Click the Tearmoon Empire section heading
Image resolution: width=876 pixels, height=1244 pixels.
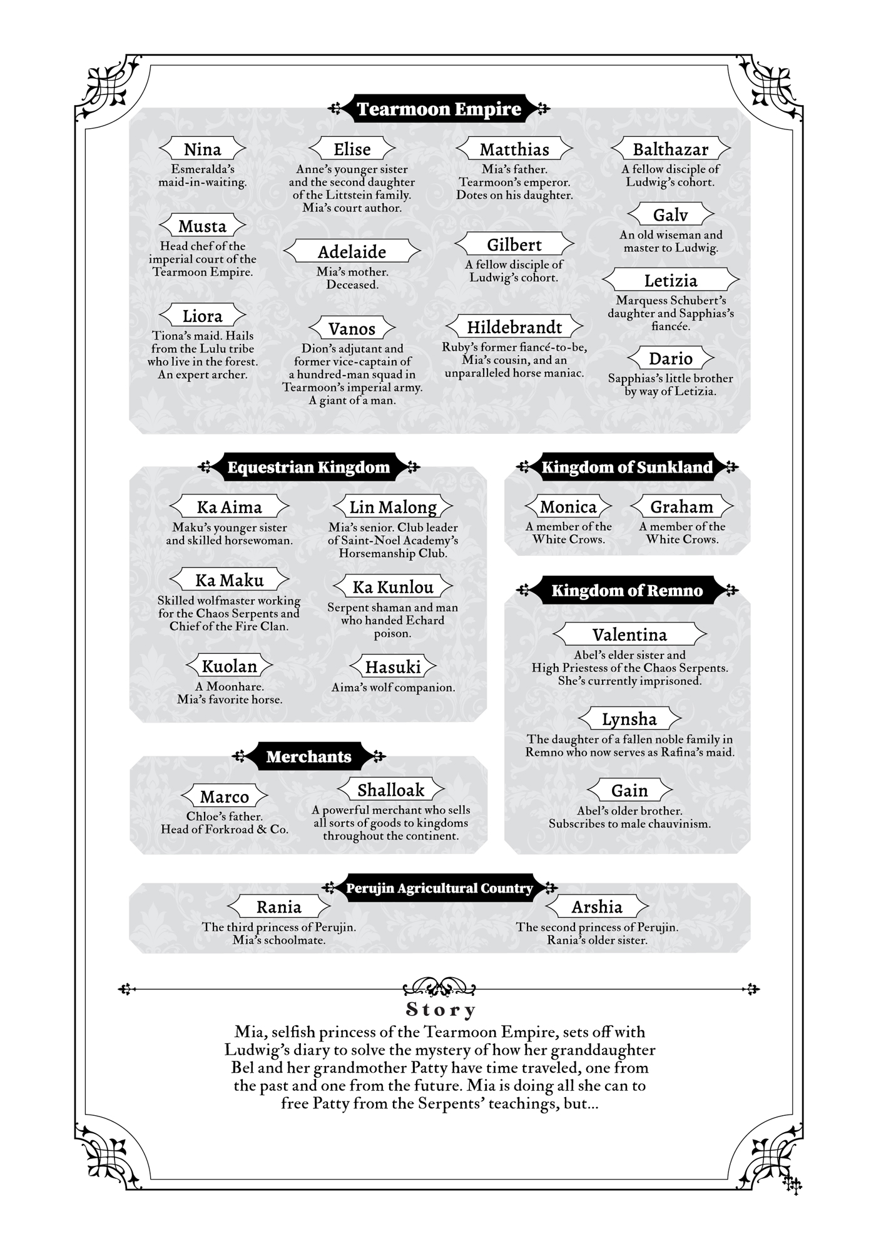tap(439, 109)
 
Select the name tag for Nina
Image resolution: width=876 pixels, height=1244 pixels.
tap(203, 149)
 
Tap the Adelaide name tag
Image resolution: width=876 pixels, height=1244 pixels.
tap(352, 251)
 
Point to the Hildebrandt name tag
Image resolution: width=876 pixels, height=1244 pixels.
tap(514, 327)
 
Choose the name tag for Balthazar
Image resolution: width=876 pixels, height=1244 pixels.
tap(670, 149)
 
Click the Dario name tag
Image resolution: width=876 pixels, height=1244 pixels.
tap(670, 358)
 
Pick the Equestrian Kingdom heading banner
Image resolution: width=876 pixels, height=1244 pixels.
tap(308, 468)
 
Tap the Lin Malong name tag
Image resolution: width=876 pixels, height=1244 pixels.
tap(393, 507)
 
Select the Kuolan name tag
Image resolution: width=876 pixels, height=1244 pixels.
tap(230, 666)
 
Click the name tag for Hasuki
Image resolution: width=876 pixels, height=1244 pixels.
tap(393, 667)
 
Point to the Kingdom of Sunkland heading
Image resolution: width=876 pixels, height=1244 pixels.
tap(626, 468)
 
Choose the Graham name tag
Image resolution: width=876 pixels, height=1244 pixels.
tap(681, 506)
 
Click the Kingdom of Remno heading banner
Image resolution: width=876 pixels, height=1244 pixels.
tap(627, 591)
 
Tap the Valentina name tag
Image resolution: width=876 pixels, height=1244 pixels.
tap(629, 635)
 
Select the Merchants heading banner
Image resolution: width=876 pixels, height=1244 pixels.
tap(308, 757)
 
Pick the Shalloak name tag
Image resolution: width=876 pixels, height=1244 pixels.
tap(391, 790)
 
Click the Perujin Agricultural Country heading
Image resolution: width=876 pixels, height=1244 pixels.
tap(439, 888)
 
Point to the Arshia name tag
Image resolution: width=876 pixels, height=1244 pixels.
tap(597, 906)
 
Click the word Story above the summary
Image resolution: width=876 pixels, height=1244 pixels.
tap(441, 1010)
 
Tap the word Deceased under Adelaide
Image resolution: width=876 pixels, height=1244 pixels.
tap(352, 285)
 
